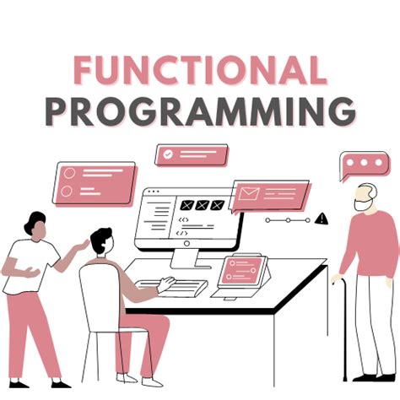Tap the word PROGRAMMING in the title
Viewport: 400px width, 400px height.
pos(199,111)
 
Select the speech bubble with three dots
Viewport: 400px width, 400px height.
pos(365,165)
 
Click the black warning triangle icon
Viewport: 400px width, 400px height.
pos(322,219)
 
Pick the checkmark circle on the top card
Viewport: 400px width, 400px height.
pos(169,154)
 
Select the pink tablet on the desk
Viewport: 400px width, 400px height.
pos(242,272)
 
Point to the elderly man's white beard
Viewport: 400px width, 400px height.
pos(364,204)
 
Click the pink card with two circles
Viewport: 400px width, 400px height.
pos(95,182)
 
